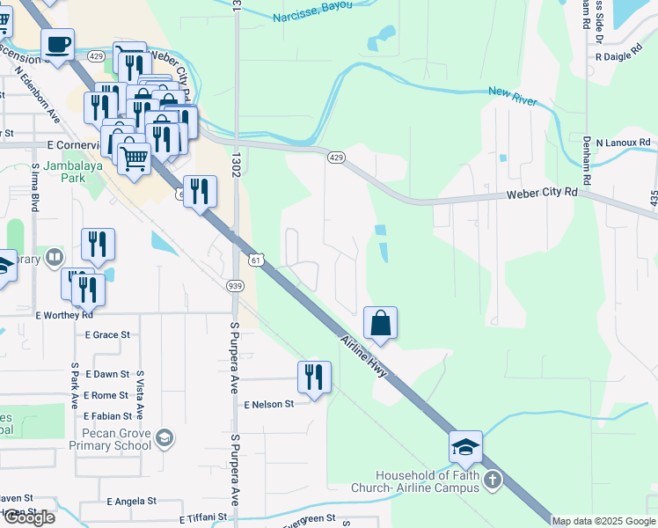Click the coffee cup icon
click(57, 44)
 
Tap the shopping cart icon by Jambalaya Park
click(133, 159)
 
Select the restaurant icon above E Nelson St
click(314, 377)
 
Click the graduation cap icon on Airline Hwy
click(465, 447)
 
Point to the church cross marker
click(493, 480)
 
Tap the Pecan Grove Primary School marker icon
click(164, 438)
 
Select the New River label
click(512, 96)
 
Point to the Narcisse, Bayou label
click(311, 11)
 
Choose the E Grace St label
click(107, 334)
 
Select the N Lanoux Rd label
click(623, 142)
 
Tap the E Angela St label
click(131, 501)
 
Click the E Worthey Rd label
click(64, 314)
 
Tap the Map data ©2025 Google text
click(604, 521)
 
